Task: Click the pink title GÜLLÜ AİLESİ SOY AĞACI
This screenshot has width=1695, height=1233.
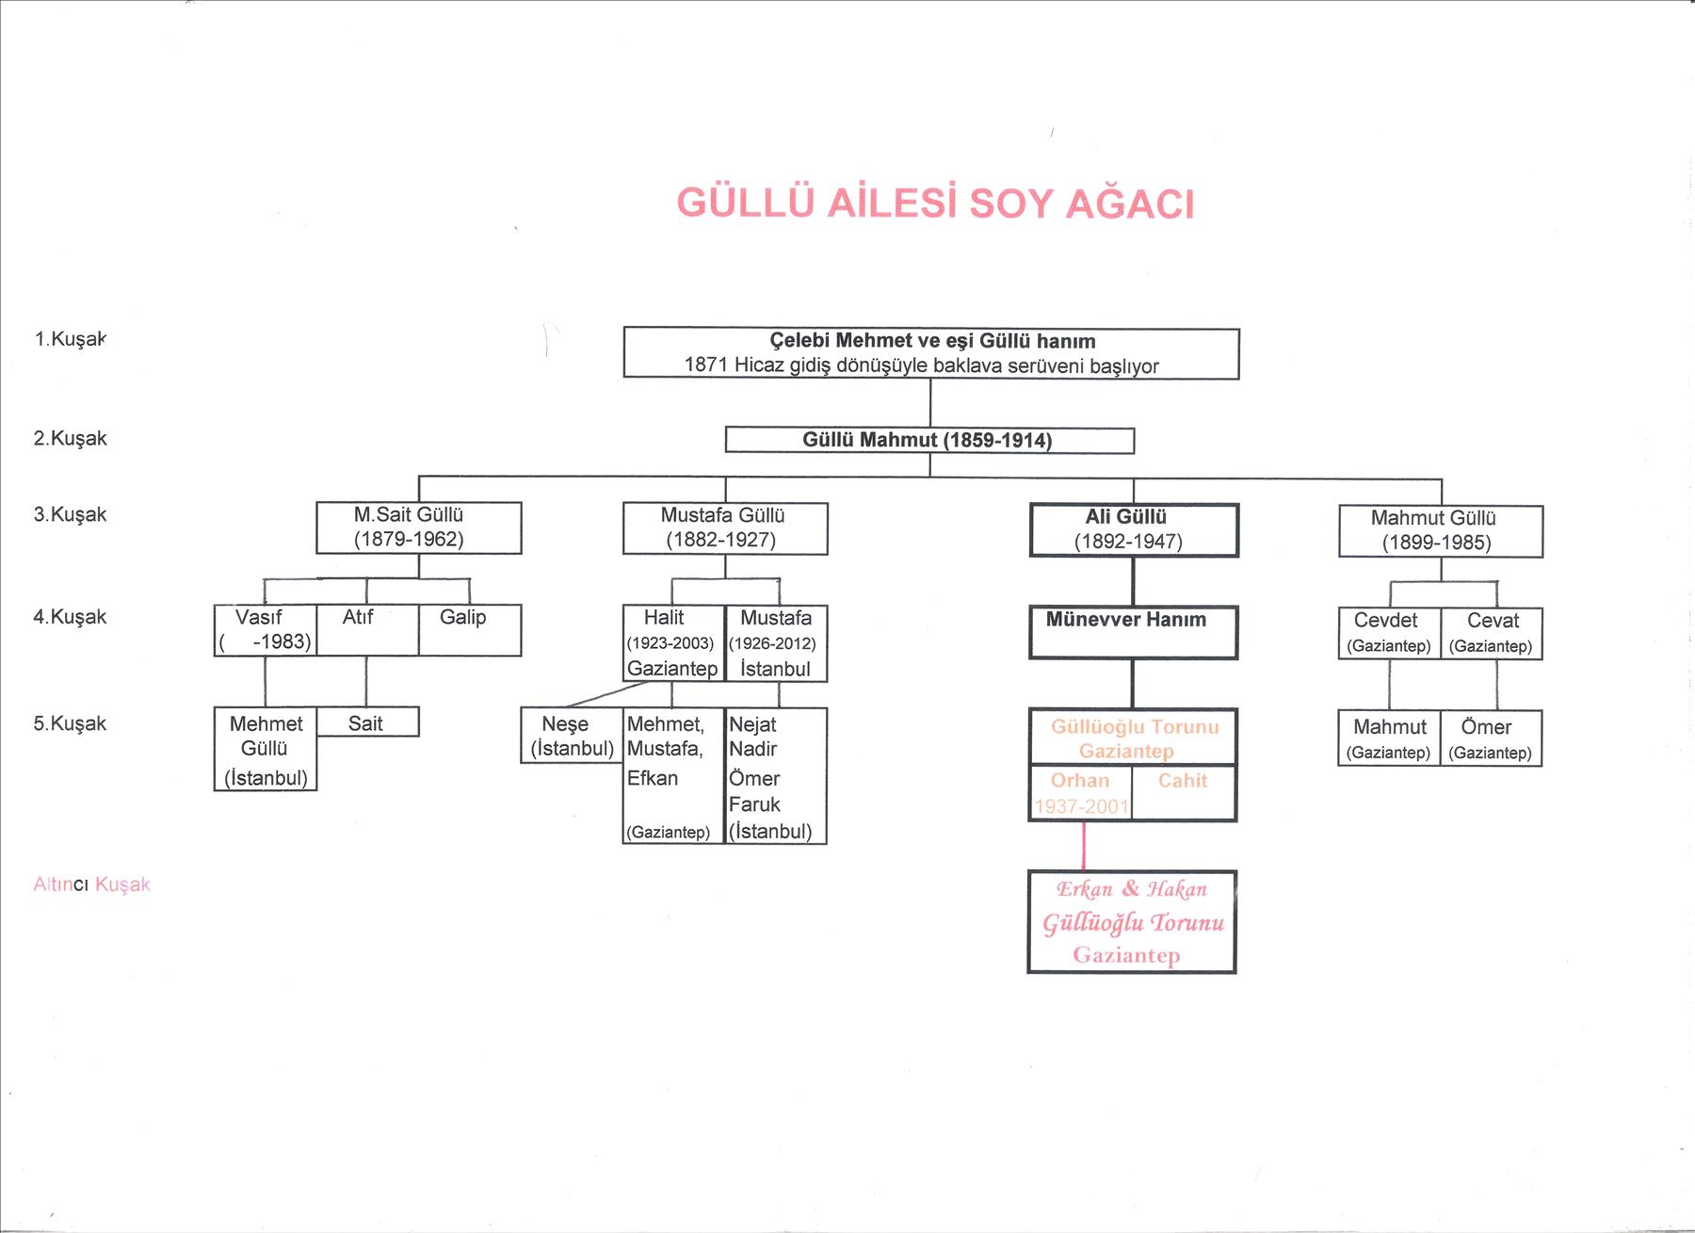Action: (935, 203)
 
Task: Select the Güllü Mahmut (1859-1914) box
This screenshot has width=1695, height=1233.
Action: (929, 440)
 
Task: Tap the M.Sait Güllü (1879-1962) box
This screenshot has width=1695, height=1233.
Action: (418, 527)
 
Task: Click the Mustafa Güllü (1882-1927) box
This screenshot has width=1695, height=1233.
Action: (725, 528)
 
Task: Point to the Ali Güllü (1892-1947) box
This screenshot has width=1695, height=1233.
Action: (1134, 530)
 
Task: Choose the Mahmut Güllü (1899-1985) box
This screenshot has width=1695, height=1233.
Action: (1441, 531)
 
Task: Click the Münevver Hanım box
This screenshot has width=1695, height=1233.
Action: (1133, 632)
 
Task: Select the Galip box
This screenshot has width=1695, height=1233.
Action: (469, 630)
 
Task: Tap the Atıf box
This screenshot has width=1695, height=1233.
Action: (366, 630)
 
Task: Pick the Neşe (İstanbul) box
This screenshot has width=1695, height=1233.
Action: (572, 736)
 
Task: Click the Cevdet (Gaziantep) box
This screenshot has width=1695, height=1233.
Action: (1389, 633)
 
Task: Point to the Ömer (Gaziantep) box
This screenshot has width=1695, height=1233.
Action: (1491, 738)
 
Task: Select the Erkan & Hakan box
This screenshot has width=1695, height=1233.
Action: (1131, 922)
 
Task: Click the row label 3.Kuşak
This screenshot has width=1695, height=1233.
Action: (71, 514)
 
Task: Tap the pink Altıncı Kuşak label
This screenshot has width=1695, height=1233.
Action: (91, 884)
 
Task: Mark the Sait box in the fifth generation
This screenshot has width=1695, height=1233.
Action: (367, 722)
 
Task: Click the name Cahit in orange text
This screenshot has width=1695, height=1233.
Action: (1183, 780)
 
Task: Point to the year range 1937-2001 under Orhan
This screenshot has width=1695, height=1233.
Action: (1081, 806)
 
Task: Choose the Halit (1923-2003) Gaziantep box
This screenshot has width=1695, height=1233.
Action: (673, 643)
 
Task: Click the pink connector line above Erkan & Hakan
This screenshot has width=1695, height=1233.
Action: (1083, 846)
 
